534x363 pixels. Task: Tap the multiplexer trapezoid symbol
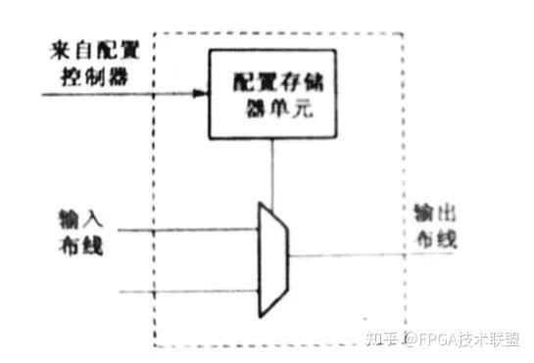point(272,260)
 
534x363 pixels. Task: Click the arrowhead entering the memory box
point(202,94)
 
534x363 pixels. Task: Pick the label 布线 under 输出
point(430,238)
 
